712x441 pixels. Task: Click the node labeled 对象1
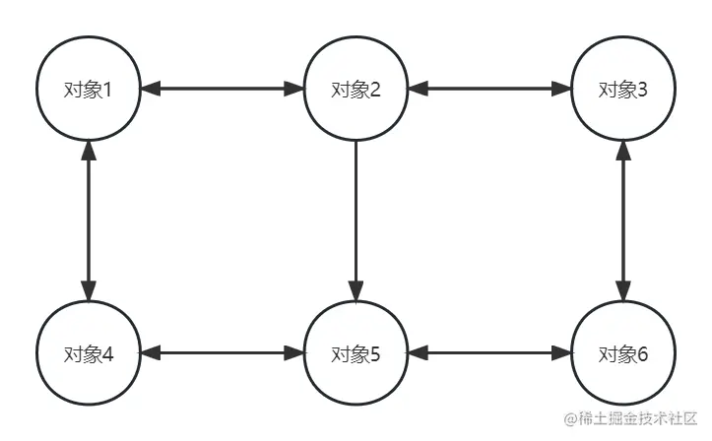(x=89, y=89)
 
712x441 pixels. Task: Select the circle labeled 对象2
(x=356, y=89)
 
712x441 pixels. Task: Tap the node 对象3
(x=622, y=89)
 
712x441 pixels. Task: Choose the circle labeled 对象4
(x=89, y=352)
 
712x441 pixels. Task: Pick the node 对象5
(x=356, y=352)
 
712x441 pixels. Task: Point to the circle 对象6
(x=622, y=352)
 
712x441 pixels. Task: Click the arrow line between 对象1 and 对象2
(x=222, y=89)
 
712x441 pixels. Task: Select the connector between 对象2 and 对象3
(x=488, y=89)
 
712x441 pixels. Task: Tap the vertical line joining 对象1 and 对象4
(x=89, y=220)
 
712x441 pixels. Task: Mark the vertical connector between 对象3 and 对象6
(x=622, y=220)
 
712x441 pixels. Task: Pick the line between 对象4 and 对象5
(x=222, y=352)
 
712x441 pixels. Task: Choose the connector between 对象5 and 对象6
(x=488, y=352)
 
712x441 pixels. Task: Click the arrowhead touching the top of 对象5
(x=356, y=292)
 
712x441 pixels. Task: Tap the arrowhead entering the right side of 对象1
(x=149, y=89)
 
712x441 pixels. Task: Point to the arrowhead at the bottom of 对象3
(x=622, y=149)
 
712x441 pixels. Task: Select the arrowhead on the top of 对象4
(x=89, y=292)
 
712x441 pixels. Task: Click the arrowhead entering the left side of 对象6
(x=562, y=352)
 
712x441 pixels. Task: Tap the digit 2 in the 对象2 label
(x=375, y=90)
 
